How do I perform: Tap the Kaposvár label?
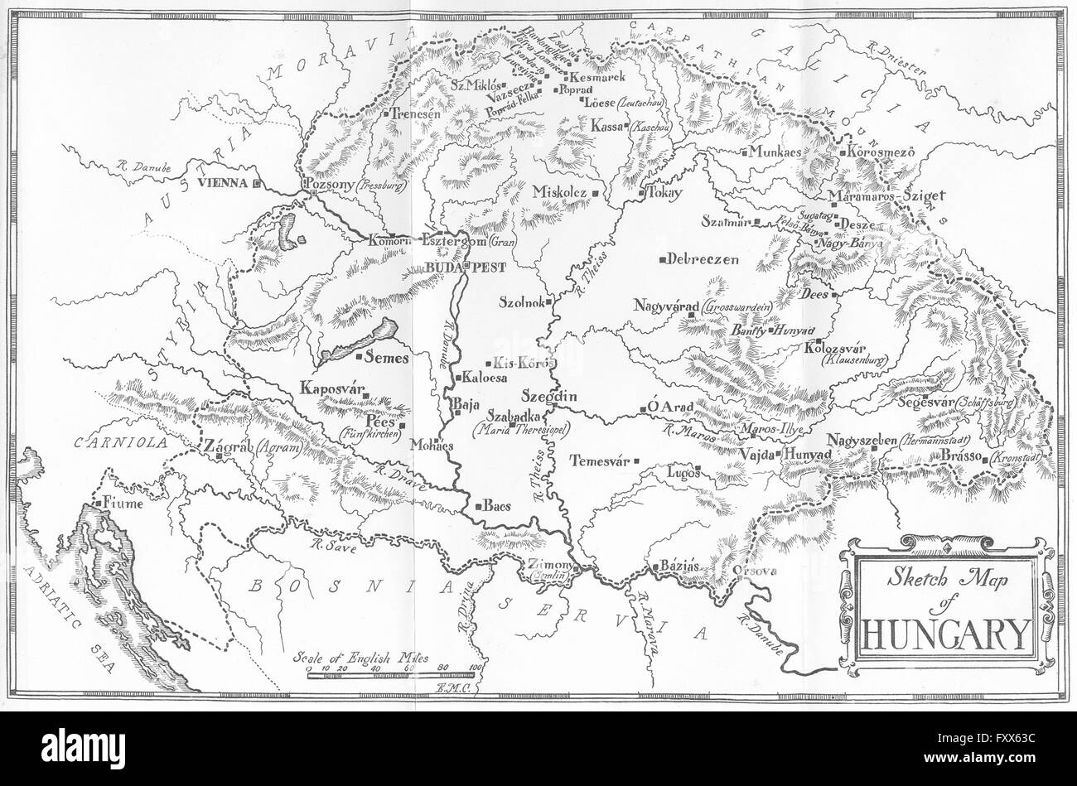coord(333,388)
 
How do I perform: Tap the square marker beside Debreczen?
coord(663,260)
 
